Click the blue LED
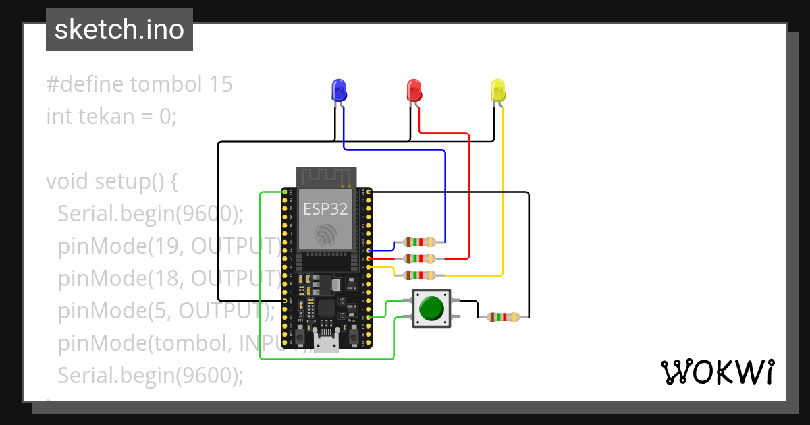click(338, 90)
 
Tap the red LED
click(413, 90)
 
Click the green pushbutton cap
click(431, 308)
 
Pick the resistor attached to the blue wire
click(419, 242)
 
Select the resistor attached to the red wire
click(419, 258)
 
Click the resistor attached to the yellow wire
click(419, 275)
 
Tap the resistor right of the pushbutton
click(503, 316)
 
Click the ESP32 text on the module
click(325, 209)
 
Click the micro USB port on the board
click(326, 344)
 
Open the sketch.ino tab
click(119, 30)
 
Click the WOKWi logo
click(717, 372)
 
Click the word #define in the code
click(85, 84)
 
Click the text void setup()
click(111, 181)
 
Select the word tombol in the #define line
click(167, 84)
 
